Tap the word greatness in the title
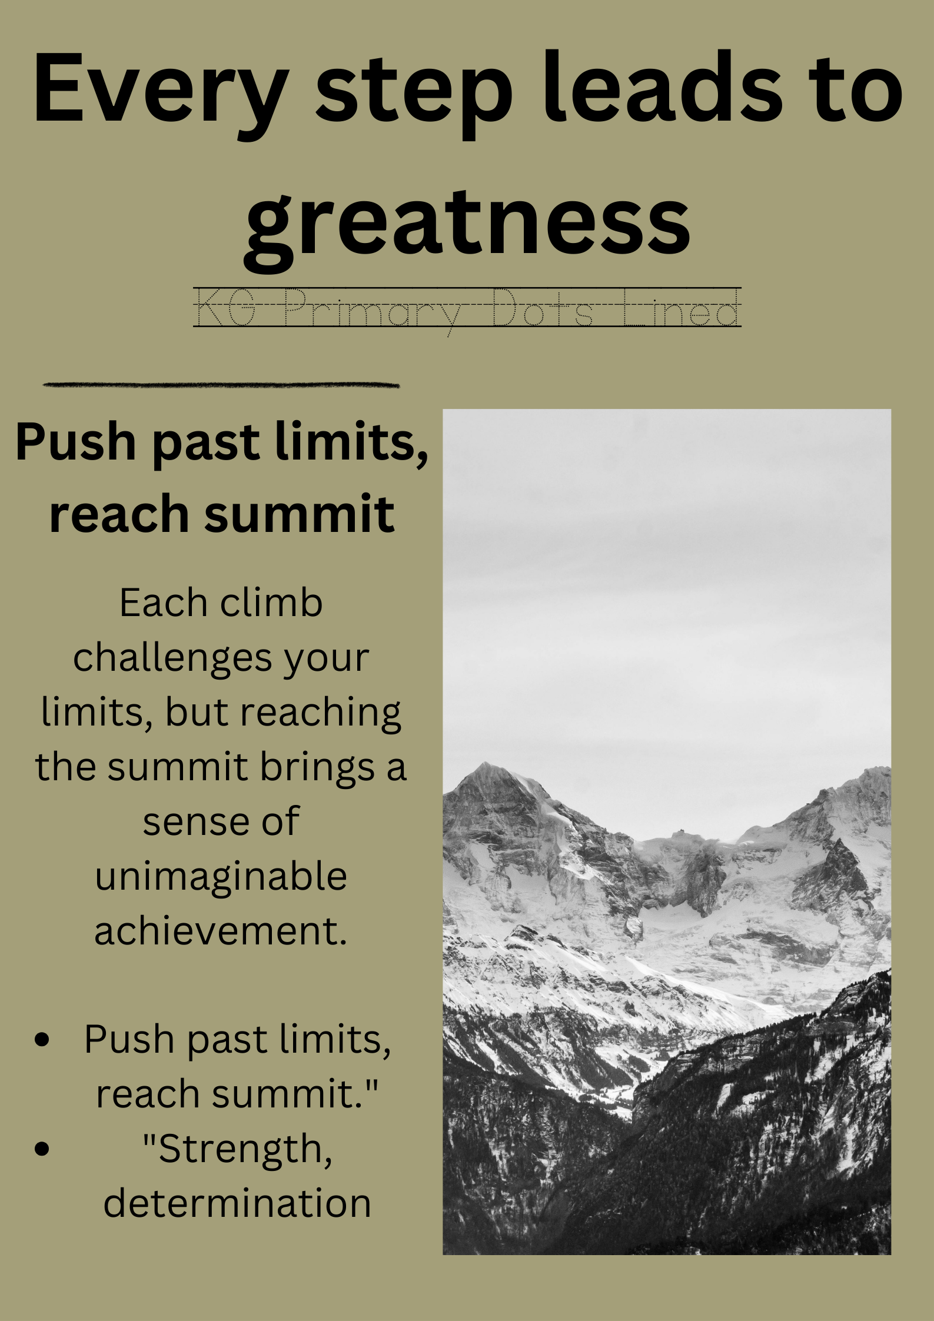[x=467, y=227]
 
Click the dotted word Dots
[x=542, y=307]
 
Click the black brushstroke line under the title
[x=221, y=385]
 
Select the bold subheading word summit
[x=299, y=514]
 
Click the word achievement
[x=221, y=931]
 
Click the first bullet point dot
[x=42, y=1039]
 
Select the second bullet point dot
[x=42, y=1149]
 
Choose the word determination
[x=237, y=1202]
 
